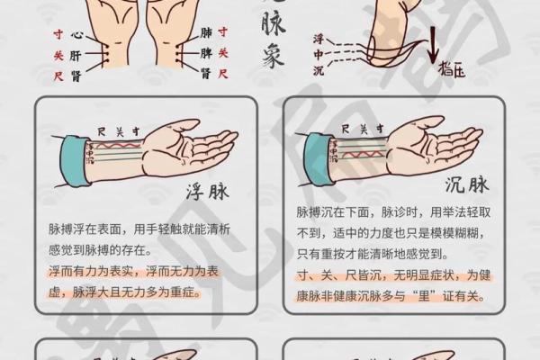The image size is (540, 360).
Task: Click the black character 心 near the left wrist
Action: (77, 36)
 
